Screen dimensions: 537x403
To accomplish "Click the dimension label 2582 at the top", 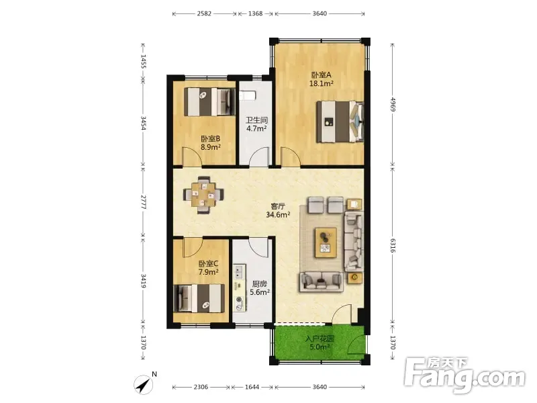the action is coord(204,13).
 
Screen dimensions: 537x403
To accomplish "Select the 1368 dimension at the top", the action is coord(256,13).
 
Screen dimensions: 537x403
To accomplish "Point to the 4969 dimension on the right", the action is coord(393,105).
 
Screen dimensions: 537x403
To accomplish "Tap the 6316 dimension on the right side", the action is coord(393,245).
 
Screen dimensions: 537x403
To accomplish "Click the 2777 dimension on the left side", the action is coord(144,202).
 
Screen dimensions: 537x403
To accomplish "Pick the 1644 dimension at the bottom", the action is coord(252,387).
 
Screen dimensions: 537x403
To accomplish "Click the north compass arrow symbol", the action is coord(144,384).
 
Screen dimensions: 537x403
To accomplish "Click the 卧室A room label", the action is coord(322,75).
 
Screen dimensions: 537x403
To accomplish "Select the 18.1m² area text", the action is coord(322,83).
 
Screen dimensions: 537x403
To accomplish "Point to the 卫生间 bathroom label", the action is coord(256,120).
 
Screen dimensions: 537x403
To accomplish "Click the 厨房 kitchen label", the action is coord(259,284).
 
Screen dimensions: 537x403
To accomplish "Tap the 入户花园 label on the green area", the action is coord(320,339).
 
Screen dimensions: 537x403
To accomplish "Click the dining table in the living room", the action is coord(204,195).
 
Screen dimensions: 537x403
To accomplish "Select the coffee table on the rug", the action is coord(326,242).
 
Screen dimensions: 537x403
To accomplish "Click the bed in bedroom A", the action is coord(340,122).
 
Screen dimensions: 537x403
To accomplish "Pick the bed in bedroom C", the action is coord(199,298).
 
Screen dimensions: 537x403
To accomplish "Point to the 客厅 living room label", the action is coord(278,206).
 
